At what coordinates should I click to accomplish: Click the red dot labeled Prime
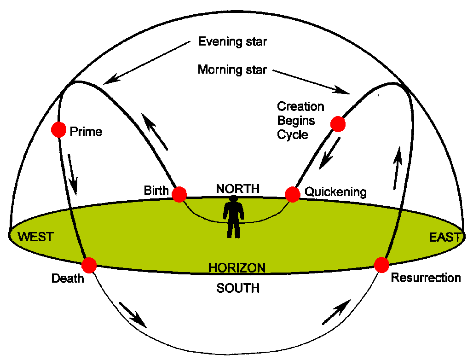click(x=59, y=130)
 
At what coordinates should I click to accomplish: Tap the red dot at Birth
click(x=179, y=194)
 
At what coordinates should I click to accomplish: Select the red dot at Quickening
click(x=293, y=194)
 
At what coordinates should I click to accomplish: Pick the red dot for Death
click(x=89, y=265)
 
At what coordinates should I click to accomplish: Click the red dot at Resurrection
click(x=382, y=265)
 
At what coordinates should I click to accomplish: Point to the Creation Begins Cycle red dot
click(x=338, y=123)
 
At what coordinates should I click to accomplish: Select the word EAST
click(x=445, y=237)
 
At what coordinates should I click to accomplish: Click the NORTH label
click(x=238, y=188)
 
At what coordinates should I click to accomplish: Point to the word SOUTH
click(x=238, y=289)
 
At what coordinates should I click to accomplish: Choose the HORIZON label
click(x=237, y=267)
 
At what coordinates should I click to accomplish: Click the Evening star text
click(x=232, y=42)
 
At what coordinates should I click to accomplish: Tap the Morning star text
click(x=232, y=70)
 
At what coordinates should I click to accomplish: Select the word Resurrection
click(x=426, y=278)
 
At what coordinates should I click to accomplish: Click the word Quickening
click(x=336, y=192)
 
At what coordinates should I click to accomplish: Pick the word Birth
click(x=156, y=191)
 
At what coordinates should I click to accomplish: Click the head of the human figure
click(x=234, y=199)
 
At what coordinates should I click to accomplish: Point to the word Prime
click(x=86, y=132)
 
